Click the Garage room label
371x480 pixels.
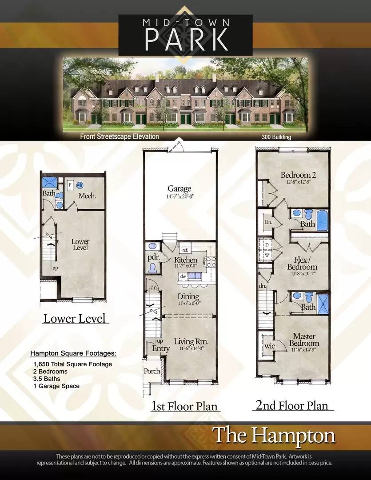click(x=180, y=188)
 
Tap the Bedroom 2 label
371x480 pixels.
click(x=298, y=175)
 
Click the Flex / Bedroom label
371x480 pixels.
click(x=302, y=263)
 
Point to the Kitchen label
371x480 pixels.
click(x=186, y=260)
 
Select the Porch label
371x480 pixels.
click(x=152, y=371)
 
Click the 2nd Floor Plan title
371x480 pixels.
click(x=291, y=405)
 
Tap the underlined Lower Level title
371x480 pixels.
click(x=74, y=318)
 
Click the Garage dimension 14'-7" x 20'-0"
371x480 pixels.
click(x=180, y=196)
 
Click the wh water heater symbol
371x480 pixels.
click(x=80, y=185)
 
